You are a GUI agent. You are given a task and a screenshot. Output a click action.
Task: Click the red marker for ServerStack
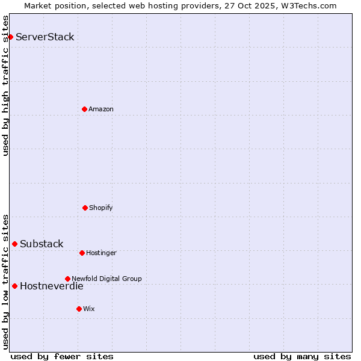point(10,37)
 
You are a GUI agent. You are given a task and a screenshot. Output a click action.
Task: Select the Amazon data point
point(84,109)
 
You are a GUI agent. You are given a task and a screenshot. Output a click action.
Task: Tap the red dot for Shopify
point(85,208)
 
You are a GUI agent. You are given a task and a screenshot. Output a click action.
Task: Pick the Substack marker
point(14,244)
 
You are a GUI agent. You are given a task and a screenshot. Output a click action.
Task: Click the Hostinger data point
point(82,253)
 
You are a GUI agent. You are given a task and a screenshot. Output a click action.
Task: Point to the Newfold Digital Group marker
point(67,279)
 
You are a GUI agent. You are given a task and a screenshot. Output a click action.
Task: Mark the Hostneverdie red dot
point(14,286)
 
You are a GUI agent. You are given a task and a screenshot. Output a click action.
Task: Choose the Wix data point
point(79,309)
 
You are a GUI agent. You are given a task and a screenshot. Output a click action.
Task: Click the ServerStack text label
point(45,37)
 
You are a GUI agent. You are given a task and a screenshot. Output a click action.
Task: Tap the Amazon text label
point(101,110)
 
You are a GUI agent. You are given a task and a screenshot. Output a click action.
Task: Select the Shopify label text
point(101,208)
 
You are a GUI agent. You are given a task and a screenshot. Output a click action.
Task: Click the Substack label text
point(42,244)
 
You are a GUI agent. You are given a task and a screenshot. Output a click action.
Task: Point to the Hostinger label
point(101,253)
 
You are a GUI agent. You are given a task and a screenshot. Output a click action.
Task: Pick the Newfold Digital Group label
point(106,279)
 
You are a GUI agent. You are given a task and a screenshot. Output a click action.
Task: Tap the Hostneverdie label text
point(52,286)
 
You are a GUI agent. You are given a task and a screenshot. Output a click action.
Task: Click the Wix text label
point(89,309)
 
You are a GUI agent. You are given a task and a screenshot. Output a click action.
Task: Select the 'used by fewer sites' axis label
point(62,356)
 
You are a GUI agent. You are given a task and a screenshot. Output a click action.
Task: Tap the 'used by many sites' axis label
point(302,356)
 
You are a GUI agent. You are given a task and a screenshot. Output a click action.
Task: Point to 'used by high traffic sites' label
point(6,85)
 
